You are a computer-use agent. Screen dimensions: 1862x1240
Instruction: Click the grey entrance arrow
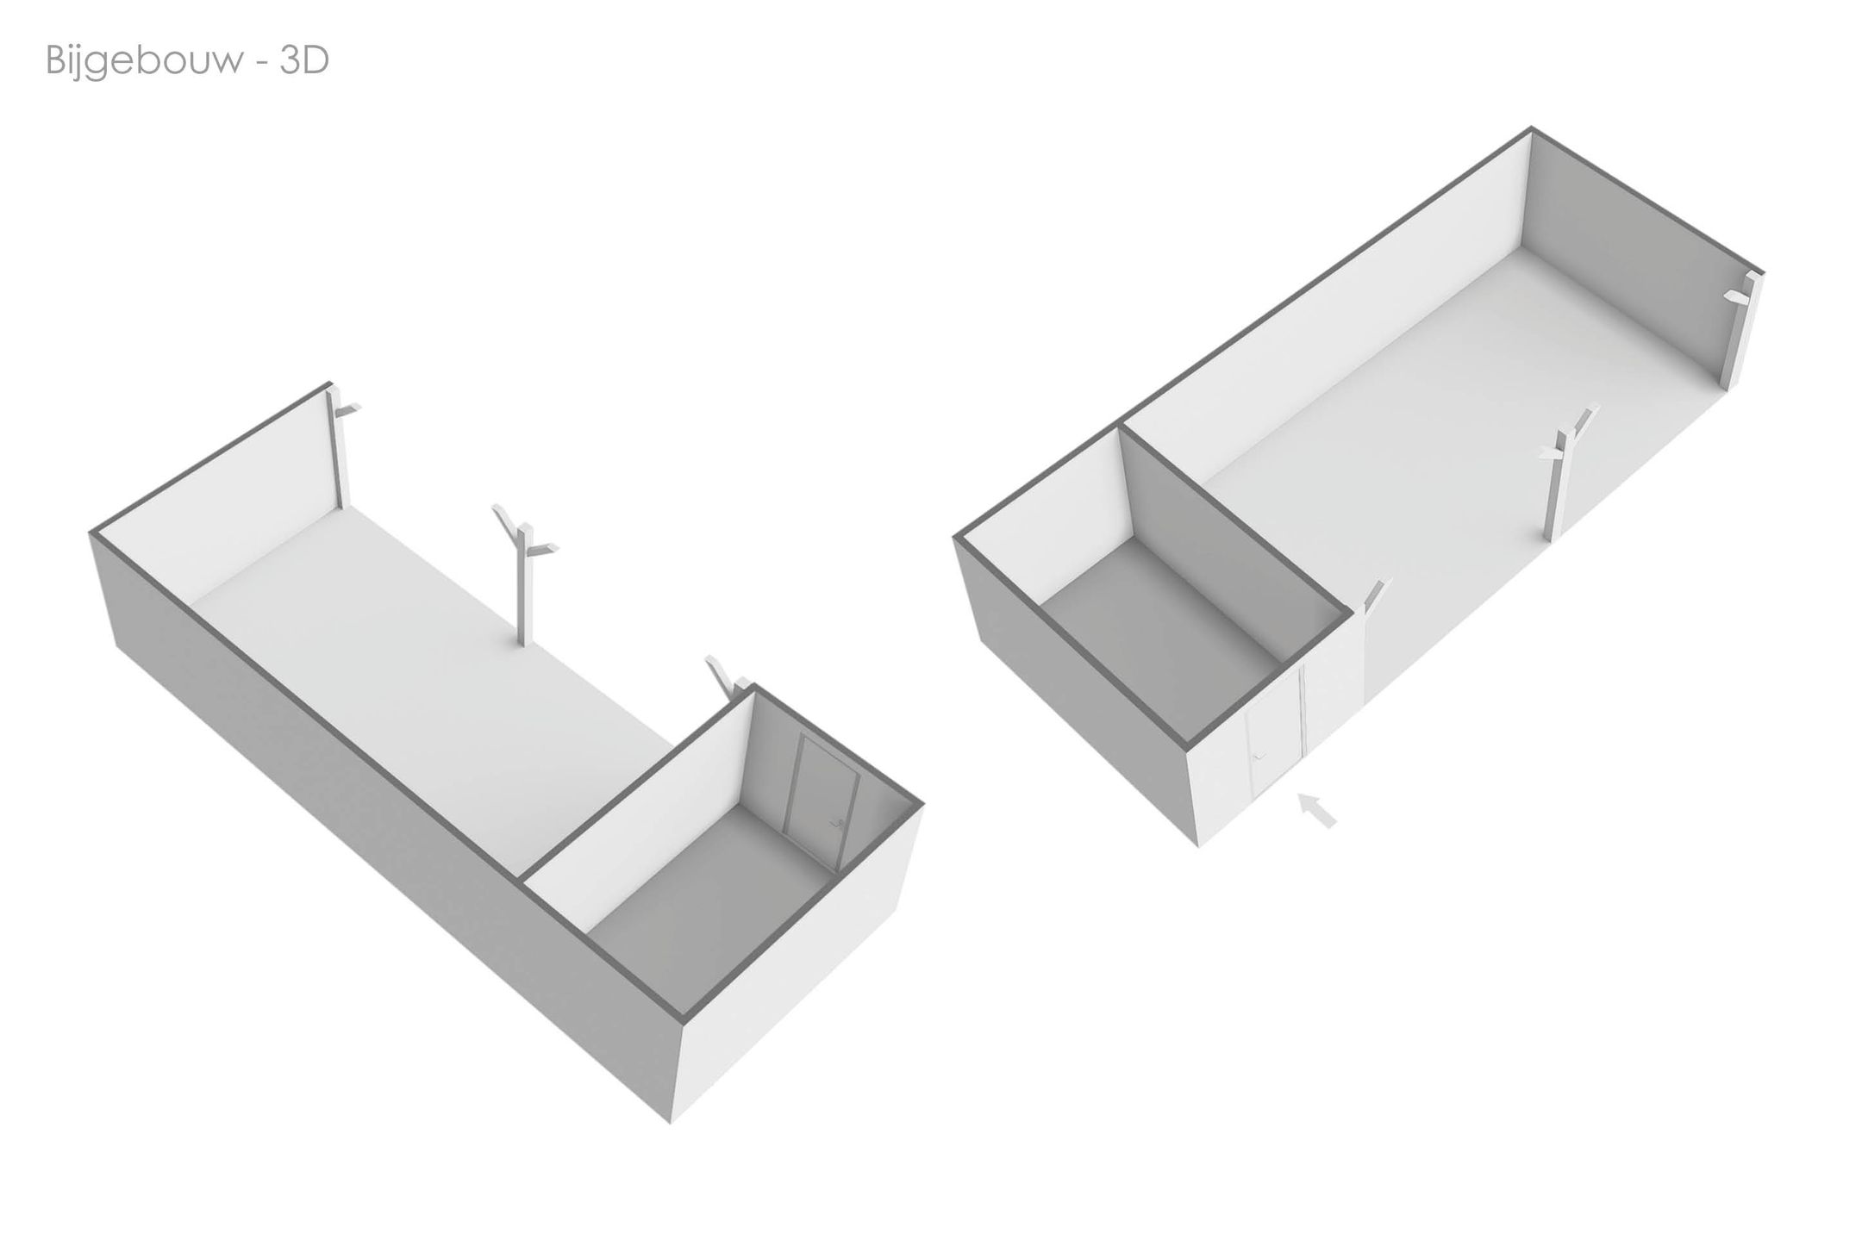(x=1316, y=810)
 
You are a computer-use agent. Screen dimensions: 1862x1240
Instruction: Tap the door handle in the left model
(x=835, y=824)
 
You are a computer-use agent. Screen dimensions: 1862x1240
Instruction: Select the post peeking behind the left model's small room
(x=723, y=676)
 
